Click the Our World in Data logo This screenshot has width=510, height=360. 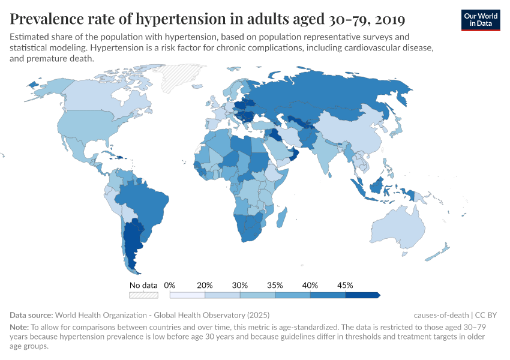[x=480, y=20]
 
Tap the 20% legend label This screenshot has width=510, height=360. [x=205, y=285]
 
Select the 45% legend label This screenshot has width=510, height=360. [x=345, y=285]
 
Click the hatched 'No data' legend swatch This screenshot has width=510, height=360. [x=144, y=295]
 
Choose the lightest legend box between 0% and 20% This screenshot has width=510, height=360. [x=187, y=295]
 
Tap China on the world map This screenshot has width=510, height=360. [x=354, y=132]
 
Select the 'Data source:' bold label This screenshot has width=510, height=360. [x=31, y=315]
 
